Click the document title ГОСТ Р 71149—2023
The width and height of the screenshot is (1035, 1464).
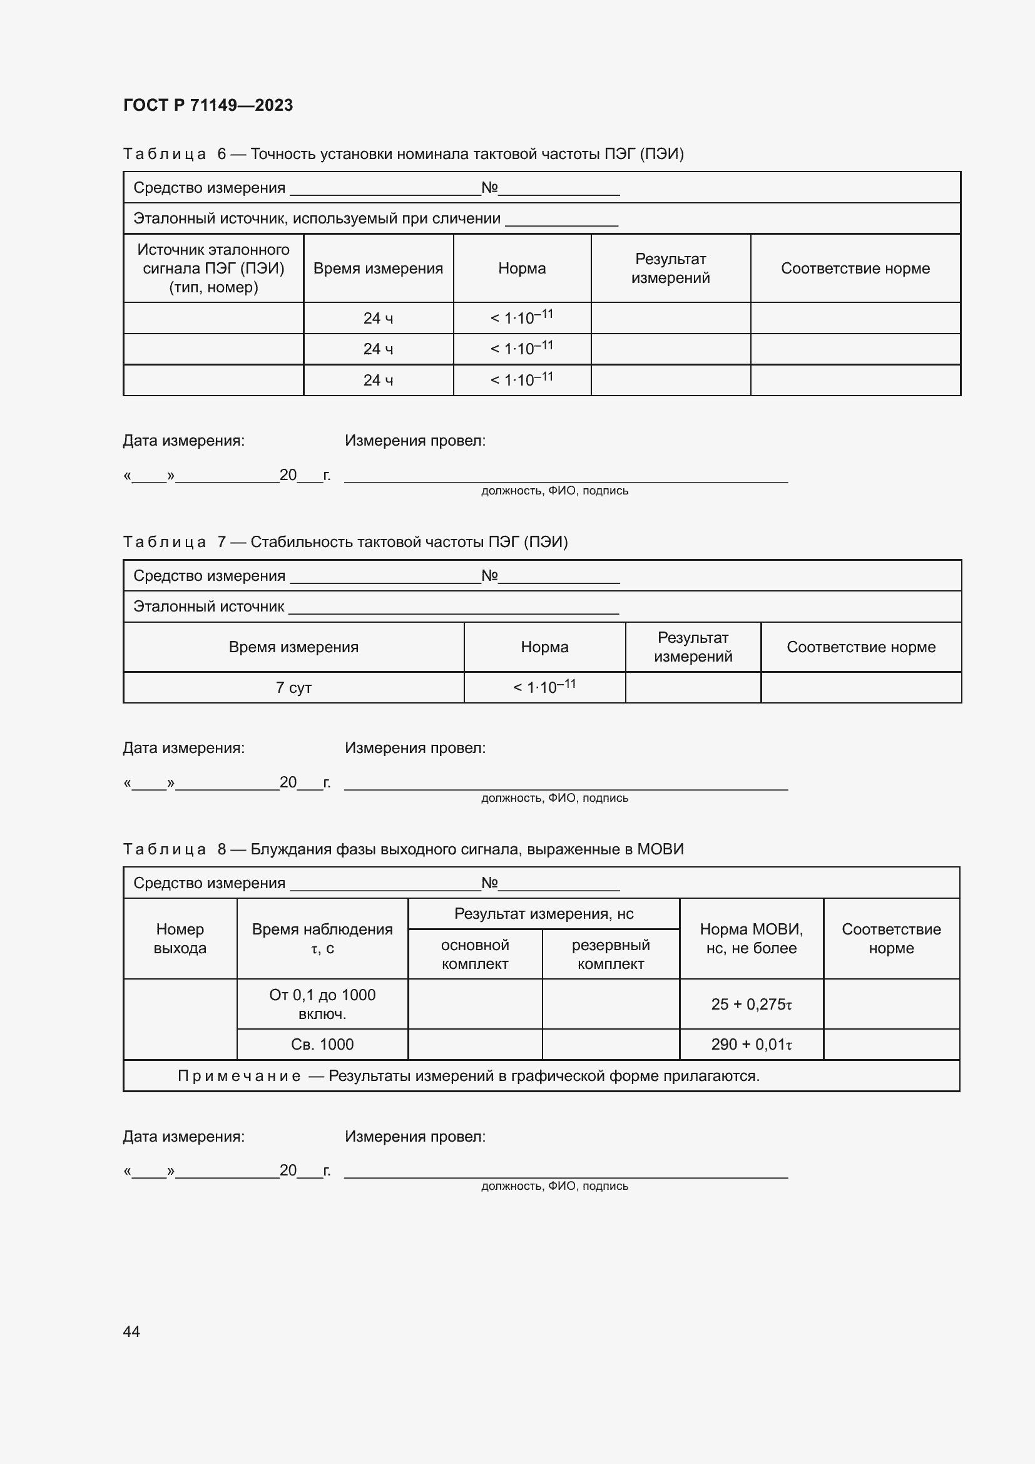click(x=208, y=105)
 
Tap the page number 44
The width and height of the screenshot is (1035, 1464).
click(x=131, y=1331)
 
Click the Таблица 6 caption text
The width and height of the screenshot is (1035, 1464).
click(x=403, y=154)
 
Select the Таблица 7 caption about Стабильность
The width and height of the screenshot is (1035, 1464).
click(x=345, y=542)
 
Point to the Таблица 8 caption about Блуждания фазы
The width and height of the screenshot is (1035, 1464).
click(x=403, y=849)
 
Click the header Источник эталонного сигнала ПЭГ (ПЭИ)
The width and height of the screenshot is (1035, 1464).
click(x=213, y=269)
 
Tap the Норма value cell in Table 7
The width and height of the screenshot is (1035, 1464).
click(x=544, y=687)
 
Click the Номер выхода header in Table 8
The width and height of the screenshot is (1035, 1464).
click(x=180, y=939)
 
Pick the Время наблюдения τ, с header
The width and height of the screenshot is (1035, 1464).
click(x=322, y=939)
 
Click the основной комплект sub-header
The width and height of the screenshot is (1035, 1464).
click(x=475, y=955)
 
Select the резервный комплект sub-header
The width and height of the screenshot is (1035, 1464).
click(x=611, y=955)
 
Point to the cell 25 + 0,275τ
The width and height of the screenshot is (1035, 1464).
click(x=752, y=1004)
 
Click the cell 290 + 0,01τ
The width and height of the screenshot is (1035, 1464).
click(x=752, y=1045)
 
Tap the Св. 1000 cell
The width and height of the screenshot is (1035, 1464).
click(x=322, y=1045)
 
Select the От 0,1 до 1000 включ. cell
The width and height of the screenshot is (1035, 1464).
click(x=322, y=1004)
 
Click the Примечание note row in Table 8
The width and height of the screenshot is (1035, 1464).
click(x=469, y=1077)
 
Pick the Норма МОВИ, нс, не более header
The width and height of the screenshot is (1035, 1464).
click(x=752, y=939)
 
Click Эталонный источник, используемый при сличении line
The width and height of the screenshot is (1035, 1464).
click(x=317, y=218)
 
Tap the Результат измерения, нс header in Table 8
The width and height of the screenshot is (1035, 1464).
click(x=544, y=914)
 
